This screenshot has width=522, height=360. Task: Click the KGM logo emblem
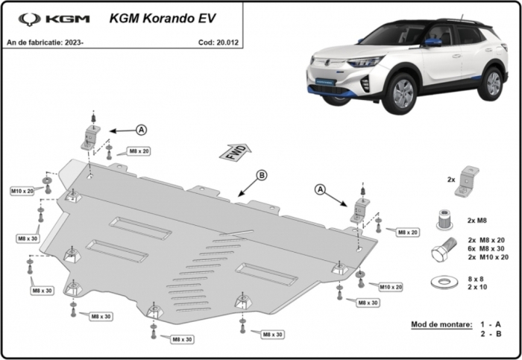click(x=30, y=19)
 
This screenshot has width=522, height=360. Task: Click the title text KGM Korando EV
click(x=163, y=19)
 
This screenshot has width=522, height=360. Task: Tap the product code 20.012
click(x=227, y=42)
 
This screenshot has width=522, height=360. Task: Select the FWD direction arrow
click(x=235, y=153)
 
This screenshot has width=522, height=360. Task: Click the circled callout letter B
click(x=262, y=175)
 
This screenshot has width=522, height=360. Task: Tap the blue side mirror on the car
click(x=433, y=42)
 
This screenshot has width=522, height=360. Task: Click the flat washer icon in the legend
click(x=444, y=282)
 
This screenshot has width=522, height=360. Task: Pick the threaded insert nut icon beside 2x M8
click(x=444, y=220)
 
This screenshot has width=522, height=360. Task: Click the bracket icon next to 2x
click(x=466, y=182)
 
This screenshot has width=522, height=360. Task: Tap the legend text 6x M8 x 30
click(x=486, y=248)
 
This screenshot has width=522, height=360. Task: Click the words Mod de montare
click(x=441, y=324)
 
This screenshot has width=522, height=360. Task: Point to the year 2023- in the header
click(x=74, y=42)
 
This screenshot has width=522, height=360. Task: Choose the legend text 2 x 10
click(x=477, y=287)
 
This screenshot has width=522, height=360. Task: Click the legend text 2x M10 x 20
click(x=488, y=257)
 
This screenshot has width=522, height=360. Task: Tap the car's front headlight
click(x=365, y=61)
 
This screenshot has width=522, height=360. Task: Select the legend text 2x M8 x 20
click(x=486, y=240)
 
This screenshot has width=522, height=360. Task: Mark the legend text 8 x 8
click(x=476, y=279)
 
